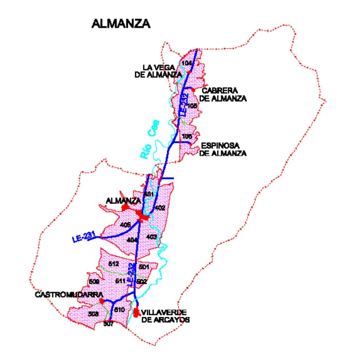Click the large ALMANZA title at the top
click(121, 24)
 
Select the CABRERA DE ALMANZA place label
click(223, 94)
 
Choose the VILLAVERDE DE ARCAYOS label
click(165, 316)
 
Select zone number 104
click(187, 63)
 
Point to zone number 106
click(187, 136)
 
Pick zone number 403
click(152, 237)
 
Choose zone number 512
click(114, 264)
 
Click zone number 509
click(94, 281)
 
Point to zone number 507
click(108, 324)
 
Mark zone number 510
click(120, 310)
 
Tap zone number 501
click(144, 266)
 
